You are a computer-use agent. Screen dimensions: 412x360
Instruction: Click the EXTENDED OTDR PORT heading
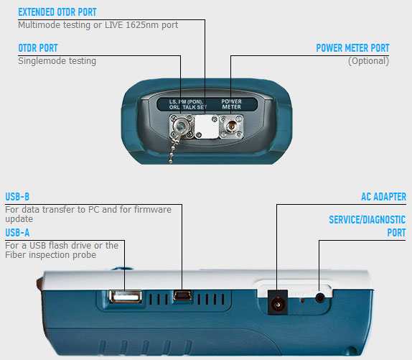click(x=57, y=12)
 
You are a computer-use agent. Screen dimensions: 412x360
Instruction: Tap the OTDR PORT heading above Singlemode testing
click(x=38, y=48)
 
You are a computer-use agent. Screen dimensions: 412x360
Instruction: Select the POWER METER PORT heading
click(x=352, y=48)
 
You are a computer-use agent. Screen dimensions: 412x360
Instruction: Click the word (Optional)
click(x=368, y=61)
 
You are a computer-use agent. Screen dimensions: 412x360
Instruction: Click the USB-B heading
click(x=17, y=197)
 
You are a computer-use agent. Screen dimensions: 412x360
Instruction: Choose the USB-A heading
click(x=17, y=233)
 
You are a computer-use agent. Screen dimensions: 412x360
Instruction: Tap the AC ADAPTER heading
click(x=383, y=197)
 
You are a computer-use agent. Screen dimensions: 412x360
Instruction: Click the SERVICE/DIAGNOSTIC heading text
click(x=367, y=220)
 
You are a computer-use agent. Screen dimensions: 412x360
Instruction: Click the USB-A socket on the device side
click(x=125, y=297)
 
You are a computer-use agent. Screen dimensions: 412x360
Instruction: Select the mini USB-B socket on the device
click(x=182, y=295)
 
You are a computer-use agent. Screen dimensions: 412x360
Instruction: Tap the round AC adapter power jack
click(x=277, y=305)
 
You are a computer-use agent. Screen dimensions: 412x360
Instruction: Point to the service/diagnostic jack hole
click(x=320, y=298)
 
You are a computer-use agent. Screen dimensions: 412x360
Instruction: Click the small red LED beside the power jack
click(x=303, y=300)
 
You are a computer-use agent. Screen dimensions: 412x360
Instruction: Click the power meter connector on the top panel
click(x=231, y=126)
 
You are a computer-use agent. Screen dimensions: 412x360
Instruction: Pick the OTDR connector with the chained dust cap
click(x=182, y=126)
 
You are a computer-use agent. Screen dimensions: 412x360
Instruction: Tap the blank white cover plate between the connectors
click(x=207, y=126)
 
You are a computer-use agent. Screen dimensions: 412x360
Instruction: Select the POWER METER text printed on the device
click(x=231, y=104)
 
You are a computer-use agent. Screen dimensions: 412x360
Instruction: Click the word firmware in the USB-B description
click(x=152, y=210)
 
